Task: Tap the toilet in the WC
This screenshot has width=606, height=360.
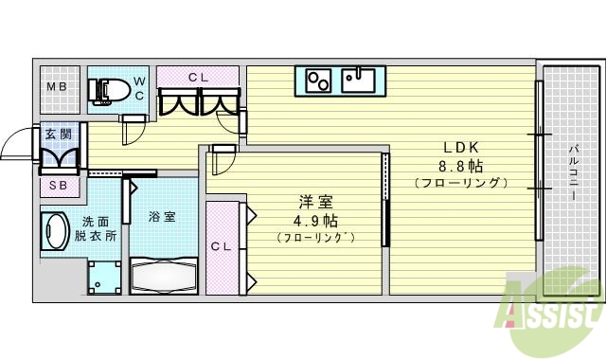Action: pyautogui.click(x=111, y=90)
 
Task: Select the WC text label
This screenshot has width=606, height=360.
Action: pyautogui.click(x=139, y=88)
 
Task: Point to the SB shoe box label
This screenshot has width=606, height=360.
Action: pyautogui.click(x=58, y=186)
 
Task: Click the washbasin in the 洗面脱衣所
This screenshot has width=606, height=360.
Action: pyautogui.click(x=55, y=231)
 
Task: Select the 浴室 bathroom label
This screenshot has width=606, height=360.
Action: pyautogui.click(x=161, y=217)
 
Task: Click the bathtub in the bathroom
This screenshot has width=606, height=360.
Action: pyautogui.click(x=163, y=278)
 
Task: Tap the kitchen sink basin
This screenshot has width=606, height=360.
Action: pyautogui.click(x=360, y=80)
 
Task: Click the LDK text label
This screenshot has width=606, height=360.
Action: pyautogui.click(x=463, y=147)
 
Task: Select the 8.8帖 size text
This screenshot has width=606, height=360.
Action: pyautogui.click(x=463, y=165)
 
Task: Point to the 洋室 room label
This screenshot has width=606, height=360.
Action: pyautogui.click(x=315, y=202)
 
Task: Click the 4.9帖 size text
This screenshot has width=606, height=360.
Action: pyautogui.click(x=315, y=220)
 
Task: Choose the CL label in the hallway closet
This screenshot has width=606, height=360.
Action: pyautogui.click(x=198, y=76)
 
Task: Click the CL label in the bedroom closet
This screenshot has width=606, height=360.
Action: pyautogui.click(x=221, y=246)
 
